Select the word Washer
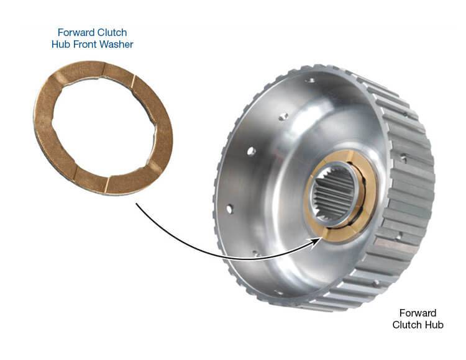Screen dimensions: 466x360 (x=116, y=44)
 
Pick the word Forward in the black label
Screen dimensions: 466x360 (x=418, y=313)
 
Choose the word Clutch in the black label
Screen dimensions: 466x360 (x=407, y=325)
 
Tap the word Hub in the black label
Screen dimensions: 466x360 (x=434, y=325)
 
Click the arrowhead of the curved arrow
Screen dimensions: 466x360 (x=318, y=243)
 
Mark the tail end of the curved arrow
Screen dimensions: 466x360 (x=137, y=204)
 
